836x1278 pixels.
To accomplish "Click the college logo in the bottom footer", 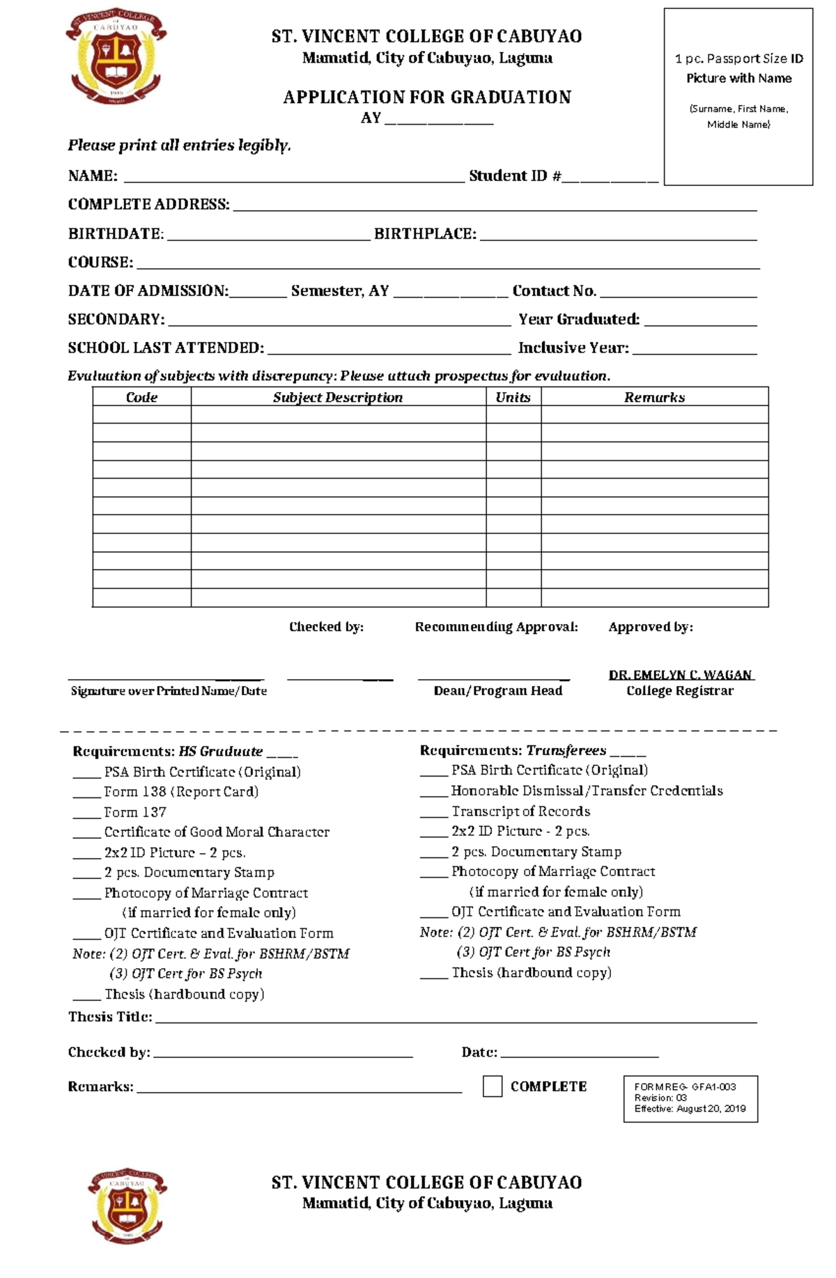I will click(x=127, y=1205).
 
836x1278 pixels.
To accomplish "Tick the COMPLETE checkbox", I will click(x=493, y=1086).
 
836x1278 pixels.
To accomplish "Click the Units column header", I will click(x=513, y=397).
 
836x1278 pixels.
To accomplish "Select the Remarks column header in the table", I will click(x=654, y=397).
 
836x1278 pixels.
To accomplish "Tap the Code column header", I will click(x=141, y=397).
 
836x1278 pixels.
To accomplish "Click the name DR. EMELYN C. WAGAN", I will click(x=680, y=675).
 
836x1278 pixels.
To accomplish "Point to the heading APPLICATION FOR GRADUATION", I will click(x=426, y=97).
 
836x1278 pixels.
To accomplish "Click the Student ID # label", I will click(x=515, y=176).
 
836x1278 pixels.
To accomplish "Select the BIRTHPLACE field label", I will click(x=425, y=234).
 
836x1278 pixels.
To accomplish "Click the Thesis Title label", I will click(x=110, y=1017).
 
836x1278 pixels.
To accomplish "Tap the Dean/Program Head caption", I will click(x=497, y=690).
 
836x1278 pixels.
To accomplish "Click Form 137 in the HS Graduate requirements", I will click(x=135, y=812).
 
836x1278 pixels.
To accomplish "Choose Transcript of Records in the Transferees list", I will click(x=520, y=811).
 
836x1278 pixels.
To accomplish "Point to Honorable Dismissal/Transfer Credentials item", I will click(x=587, y=790).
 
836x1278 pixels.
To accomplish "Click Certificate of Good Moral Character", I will click(x=217, y=832).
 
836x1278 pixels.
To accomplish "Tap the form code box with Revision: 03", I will click(x=690, y=1098).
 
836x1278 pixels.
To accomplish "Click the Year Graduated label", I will click(x=578, y=320).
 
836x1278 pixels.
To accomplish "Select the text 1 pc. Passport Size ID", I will click(x=738, y=59).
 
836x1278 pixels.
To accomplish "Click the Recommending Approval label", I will click(x=496, y=627).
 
